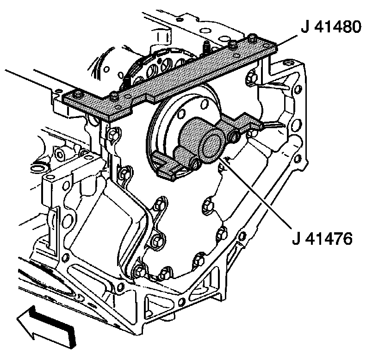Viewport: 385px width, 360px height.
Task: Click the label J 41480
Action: click(x=330, y=28)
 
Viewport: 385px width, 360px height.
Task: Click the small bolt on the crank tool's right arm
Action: click(x=236, y=135)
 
